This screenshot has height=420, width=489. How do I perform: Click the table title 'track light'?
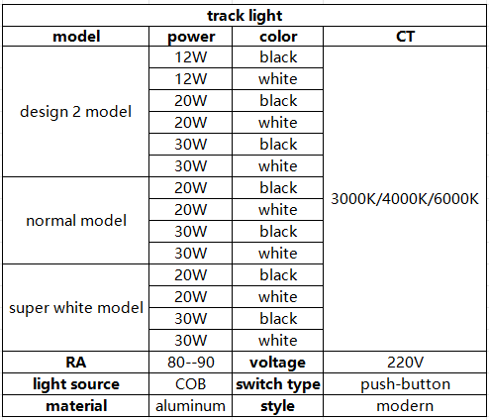(x=244, y=16)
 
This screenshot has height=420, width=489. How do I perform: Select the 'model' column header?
(x=76, y=37)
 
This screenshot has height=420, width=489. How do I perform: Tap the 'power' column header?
(x=191, y=38)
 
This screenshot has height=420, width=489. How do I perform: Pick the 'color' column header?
(x=278, y=37)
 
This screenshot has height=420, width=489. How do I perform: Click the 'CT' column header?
(x=405, y=37)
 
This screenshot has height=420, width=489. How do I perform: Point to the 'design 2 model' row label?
(x=76, y=112)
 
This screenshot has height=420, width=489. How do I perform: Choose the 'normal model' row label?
(x=76, y=221)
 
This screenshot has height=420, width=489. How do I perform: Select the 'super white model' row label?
(x=76, y=308)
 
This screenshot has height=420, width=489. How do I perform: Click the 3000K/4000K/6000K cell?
(x=405, y=199)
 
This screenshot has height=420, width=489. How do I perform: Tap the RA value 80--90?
(x=191, y=363)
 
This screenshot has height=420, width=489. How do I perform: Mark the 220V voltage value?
(x=405, y=363)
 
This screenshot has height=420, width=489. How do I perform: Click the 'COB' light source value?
(x=191, y=384)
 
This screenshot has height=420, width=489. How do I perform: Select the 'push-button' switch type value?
(x=405, y=384)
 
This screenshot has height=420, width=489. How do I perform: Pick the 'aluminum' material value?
(x=191, y=406)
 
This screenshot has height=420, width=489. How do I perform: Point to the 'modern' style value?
(x=405, y=406)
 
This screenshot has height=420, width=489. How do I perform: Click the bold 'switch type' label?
(x=278, y=384)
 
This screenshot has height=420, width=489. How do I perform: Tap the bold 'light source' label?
(x=76, y=384)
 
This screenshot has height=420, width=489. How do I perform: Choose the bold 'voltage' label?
(x=277, y=363)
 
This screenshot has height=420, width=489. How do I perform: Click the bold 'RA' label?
(x=76, y=363)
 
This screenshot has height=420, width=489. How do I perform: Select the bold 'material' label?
(x=76, y=406)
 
